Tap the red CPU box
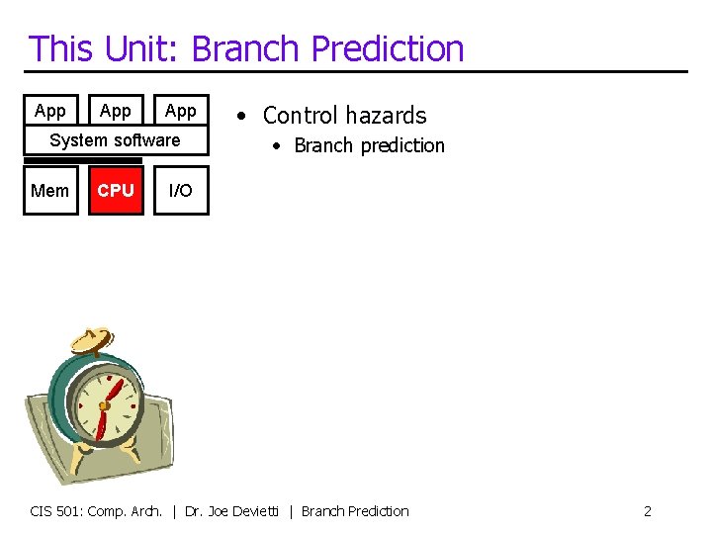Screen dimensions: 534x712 (116, 190)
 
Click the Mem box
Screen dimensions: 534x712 (49, 190)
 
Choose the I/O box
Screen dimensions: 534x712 (181, 190)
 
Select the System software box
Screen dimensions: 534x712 (116, 140)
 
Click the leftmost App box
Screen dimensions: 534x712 (49, 111)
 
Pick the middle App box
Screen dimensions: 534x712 (116, 111)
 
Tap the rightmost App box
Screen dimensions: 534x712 (181, 111)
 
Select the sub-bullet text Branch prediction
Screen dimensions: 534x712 (369, 145)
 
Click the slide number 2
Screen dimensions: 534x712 (647, 511)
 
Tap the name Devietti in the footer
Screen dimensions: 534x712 (258, 511)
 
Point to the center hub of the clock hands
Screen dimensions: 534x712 (104, 405)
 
